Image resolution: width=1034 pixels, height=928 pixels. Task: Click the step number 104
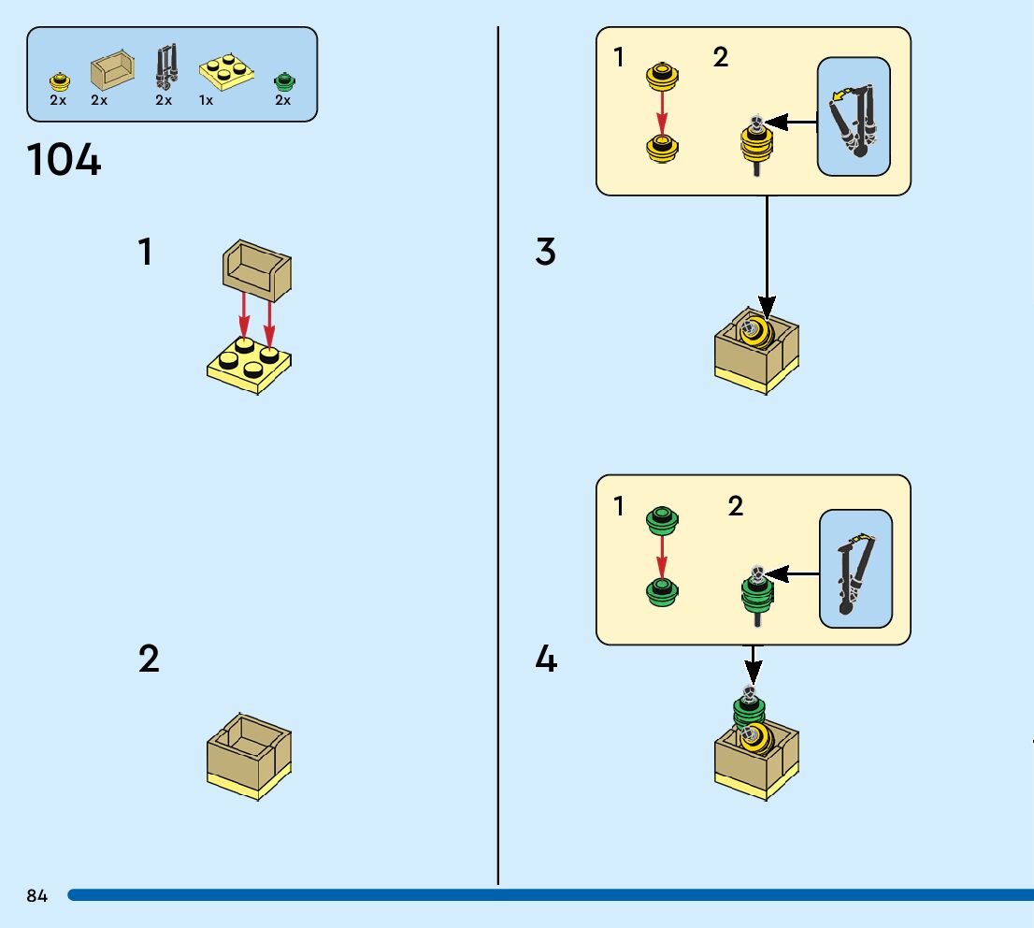(64, 160)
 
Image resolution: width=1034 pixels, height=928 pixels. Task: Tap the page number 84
(37, 895)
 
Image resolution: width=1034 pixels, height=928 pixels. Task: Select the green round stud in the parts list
(284, 81)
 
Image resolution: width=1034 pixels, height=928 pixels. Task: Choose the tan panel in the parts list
(112, 70)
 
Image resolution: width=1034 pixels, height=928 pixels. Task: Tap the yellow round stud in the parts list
(59, 81)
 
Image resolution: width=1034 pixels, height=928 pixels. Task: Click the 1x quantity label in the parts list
(206, 100)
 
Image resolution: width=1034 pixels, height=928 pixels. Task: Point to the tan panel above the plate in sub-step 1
(256, 270)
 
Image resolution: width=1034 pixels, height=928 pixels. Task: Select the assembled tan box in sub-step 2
(249, 757)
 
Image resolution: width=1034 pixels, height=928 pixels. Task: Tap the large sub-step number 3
(545, 252)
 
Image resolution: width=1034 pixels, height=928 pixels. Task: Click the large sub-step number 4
(546, 659)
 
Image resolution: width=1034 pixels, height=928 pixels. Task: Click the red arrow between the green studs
(662, 560)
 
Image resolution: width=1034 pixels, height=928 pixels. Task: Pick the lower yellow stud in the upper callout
(662, 149)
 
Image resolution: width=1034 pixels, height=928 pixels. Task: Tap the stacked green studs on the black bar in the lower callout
(757, 593)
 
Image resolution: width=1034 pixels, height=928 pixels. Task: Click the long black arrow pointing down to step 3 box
(767, 257)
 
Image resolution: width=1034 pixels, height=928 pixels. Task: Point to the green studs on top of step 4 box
(749, 708)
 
